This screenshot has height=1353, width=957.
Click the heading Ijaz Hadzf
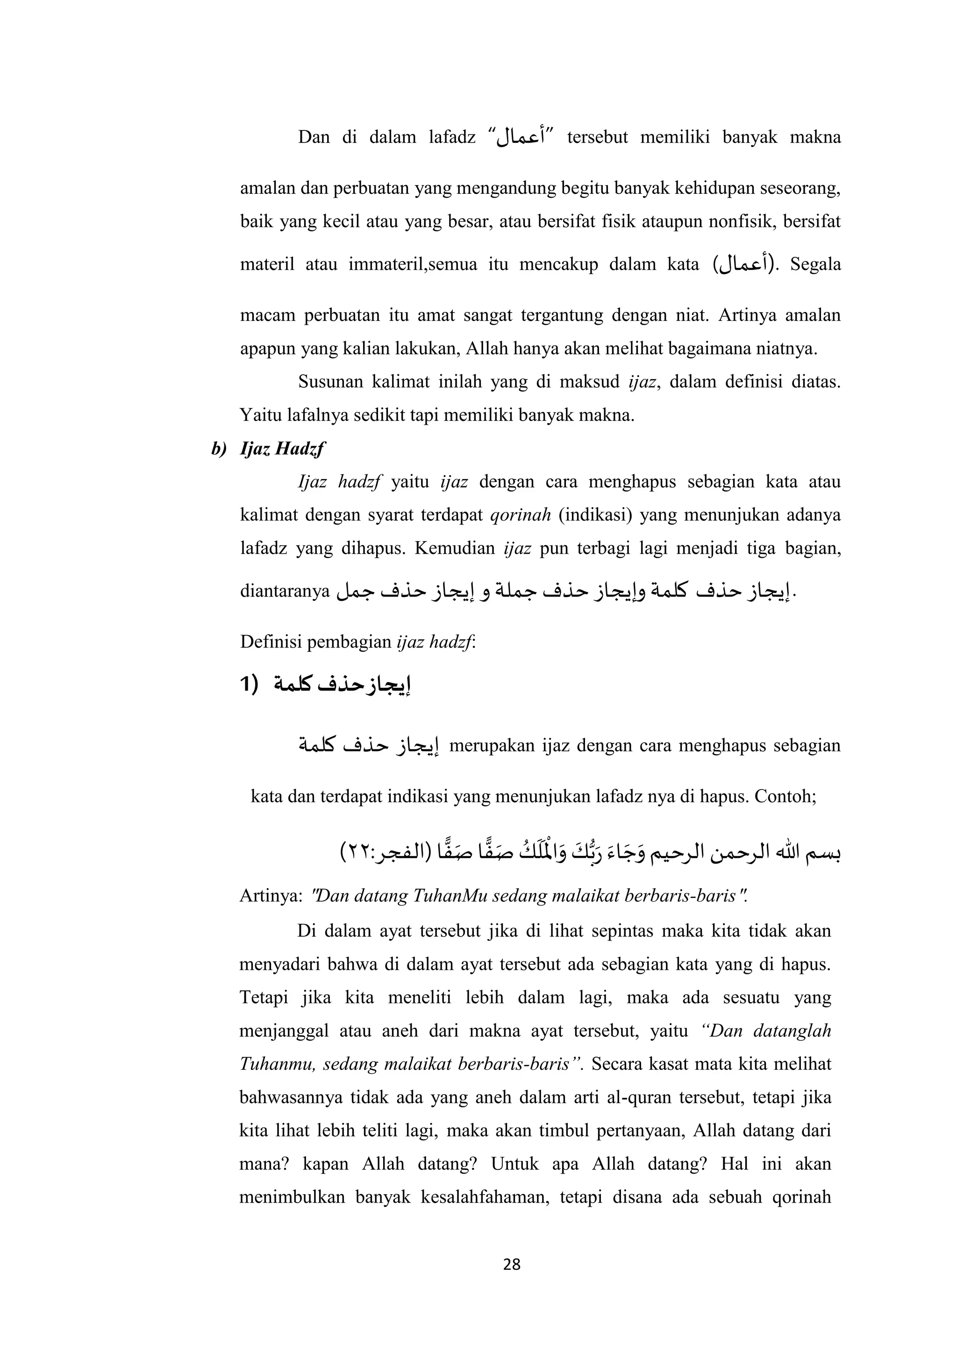pyautogui.click(x=283, y=449)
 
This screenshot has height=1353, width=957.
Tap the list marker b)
pyautogui.click(x=219, y=449)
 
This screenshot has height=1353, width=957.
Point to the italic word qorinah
pyautogui.click(x=521, y=515)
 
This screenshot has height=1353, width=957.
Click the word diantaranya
pyautogui.click(x=284, y=591)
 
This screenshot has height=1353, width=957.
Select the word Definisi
pyautogui.click(x=266, y=642)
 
